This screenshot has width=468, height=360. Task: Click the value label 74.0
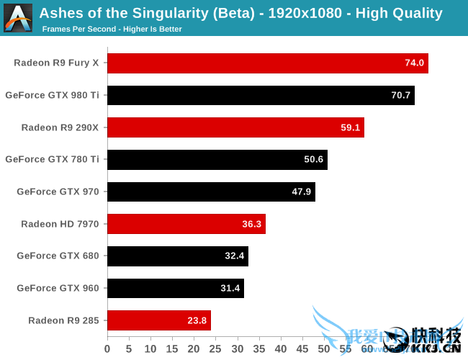(x=415, y=63)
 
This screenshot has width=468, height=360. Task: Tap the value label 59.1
(x=351, y=127)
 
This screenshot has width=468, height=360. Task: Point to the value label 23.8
(x=197, y=320)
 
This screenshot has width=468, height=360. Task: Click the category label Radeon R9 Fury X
(x=57, y=63)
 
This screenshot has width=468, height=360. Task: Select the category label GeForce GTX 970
(x=58, y=192)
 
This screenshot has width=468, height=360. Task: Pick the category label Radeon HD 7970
(x=60, y=224)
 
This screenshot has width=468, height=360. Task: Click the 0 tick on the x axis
(x=107, y=349)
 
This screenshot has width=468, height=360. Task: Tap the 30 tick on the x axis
(x=237, y=349)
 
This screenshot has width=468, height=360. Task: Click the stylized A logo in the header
(x=17, y=17)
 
